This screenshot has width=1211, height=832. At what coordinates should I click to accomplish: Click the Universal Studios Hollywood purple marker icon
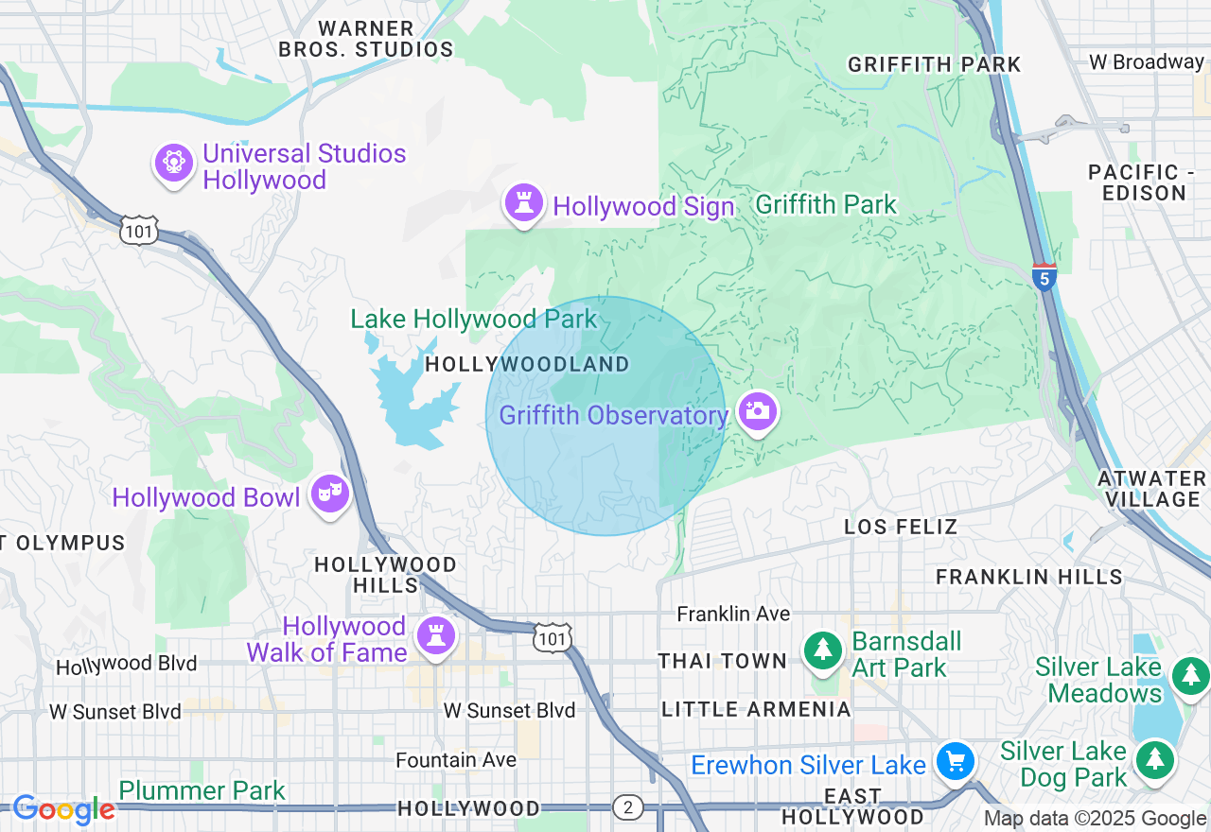tap(174, 164)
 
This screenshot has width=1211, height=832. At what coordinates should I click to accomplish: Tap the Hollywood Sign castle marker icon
tap(523, 202)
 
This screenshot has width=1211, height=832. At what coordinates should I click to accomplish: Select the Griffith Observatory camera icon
tap(758, 411)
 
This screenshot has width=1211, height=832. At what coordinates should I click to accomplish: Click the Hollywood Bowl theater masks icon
tap(330, 493)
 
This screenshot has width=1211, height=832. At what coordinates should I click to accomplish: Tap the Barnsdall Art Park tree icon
tap(823, 650)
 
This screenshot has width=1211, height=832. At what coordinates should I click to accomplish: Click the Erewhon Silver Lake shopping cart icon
tap(956, 761)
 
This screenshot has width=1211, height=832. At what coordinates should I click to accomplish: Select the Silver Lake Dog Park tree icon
tap(1154, 760)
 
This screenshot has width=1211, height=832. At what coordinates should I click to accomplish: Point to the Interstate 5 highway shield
tap(1044, 277)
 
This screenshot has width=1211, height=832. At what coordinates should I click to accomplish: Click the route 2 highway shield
tap(627, 807)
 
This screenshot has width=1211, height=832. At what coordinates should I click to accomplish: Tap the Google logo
tap(63, 809)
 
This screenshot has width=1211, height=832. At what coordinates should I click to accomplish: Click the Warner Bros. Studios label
tap(366, 40)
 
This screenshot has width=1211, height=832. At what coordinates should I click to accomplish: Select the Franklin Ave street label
tap(733, 614)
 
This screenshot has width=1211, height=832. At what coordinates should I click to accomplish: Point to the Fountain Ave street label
tap(456, 760)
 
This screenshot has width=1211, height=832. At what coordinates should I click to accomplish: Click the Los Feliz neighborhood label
tap(901, 527)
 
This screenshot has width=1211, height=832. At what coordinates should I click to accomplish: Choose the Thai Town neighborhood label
tap(723, 661)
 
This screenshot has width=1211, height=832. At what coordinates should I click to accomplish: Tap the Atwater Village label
tap(1150, 489)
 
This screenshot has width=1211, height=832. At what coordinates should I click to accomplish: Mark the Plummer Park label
tap(202, 790)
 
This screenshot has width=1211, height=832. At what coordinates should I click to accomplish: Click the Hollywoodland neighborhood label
tap(527, 365)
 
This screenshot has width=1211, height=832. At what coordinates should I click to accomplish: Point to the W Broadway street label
tap(1146, 62)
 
